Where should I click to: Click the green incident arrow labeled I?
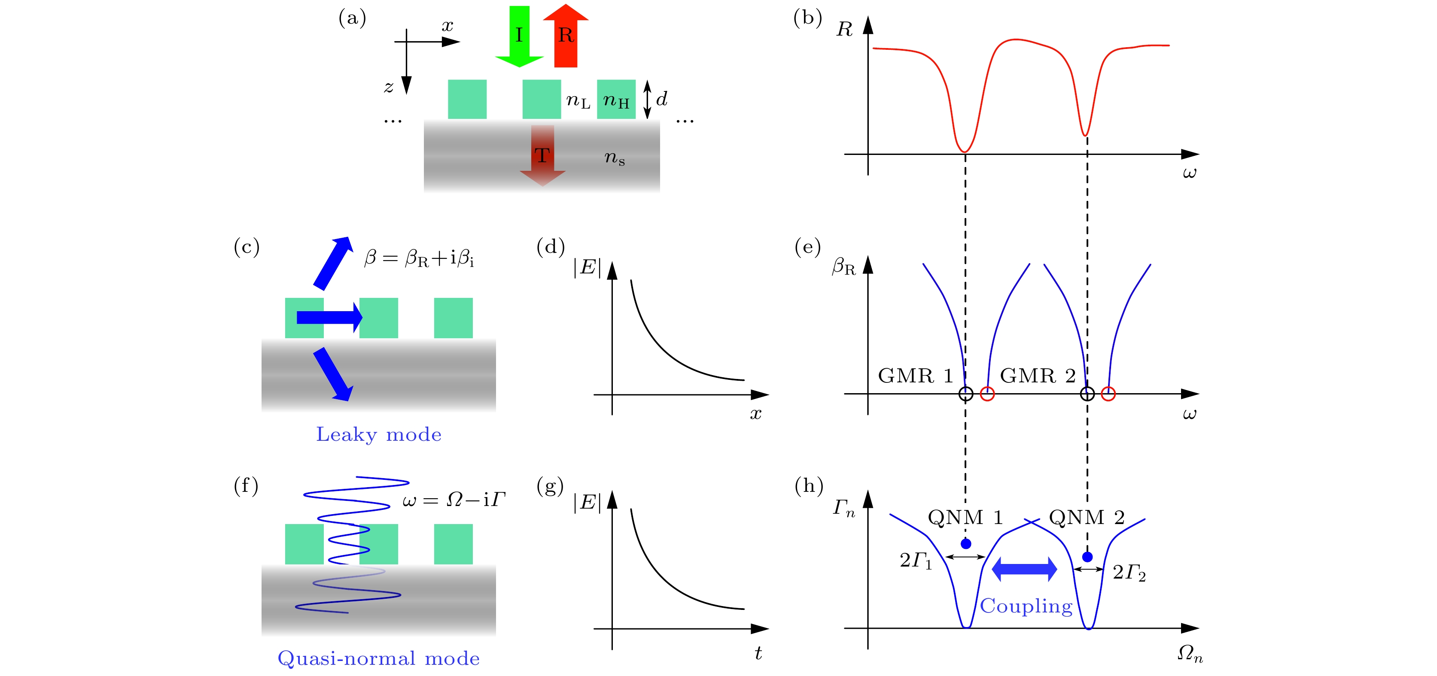click(x=519, y=36)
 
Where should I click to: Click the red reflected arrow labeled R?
click(x=566, y=36)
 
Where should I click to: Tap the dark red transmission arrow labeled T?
click(x=542, y=155)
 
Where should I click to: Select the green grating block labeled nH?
click(x=616, y=99)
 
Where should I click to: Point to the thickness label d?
click(x=662, y=99)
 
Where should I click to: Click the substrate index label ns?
click(x=615, y=158)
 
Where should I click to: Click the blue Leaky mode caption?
click(x=379, y=434)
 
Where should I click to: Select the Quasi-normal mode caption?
click(x=379, y=658)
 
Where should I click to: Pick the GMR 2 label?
click(x=1038, y=376)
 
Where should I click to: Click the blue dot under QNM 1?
click(x=966, y=543)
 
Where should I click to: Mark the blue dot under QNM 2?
click(x=1087, y=556)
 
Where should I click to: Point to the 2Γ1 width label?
click(x=916, y=561)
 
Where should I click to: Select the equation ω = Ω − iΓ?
click(x=454, y=499)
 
